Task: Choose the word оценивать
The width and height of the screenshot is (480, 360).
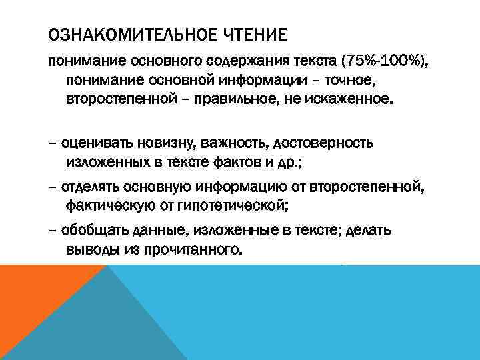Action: coord(97,143)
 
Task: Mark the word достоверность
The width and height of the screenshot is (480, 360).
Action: coord(322,143)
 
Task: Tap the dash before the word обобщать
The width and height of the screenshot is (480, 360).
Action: coord(53,231)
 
